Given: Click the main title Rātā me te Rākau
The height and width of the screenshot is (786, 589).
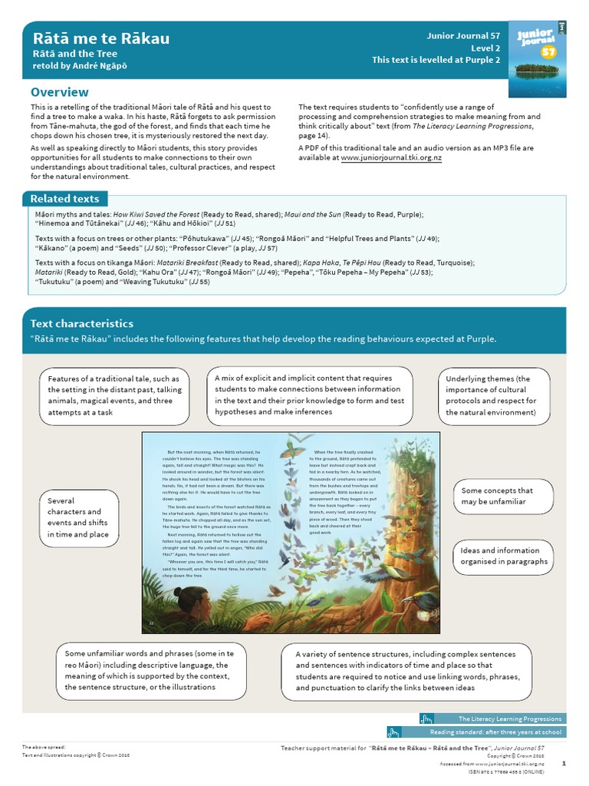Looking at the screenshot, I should pos(100,38).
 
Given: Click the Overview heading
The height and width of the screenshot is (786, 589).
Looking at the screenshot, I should pos(59,92).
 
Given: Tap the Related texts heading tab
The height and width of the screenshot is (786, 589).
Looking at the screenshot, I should pos(64,199).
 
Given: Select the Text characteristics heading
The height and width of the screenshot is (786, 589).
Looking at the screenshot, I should pos(81,324).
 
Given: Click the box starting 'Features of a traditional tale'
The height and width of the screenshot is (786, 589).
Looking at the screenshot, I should pos(114,395).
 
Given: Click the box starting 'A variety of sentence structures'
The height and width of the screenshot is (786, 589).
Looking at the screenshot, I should pos(406,671).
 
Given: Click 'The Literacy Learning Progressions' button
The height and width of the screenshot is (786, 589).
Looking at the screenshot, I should pos(491,719).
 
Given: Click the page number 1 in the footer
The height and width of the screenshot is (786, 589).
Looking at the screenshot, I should pos(564,763).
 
